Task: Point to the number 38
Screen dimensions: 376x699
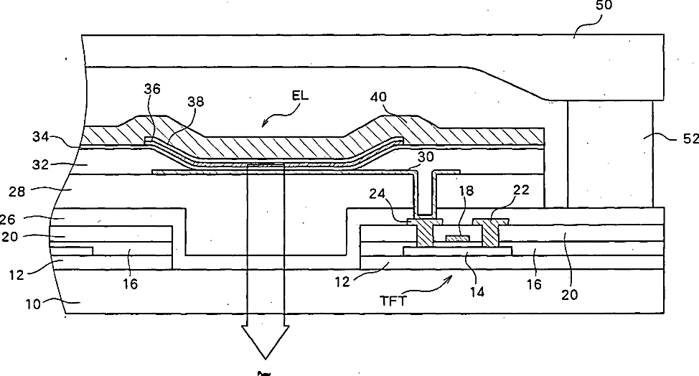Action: (x=195, y=103)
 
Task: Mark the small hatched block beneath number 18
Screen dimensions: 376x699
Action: (x=457, y=238)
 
